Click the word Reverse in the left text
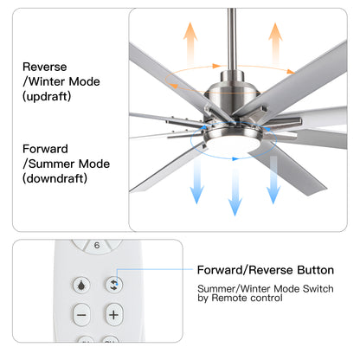click(44, 66)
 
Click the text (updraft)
click(48, 97)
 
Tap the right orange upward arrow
click(275, 42)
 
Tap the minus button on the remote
click(81, 315)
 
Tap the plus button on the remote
click(112, 315)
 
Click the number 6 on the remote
click(97, 245)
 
